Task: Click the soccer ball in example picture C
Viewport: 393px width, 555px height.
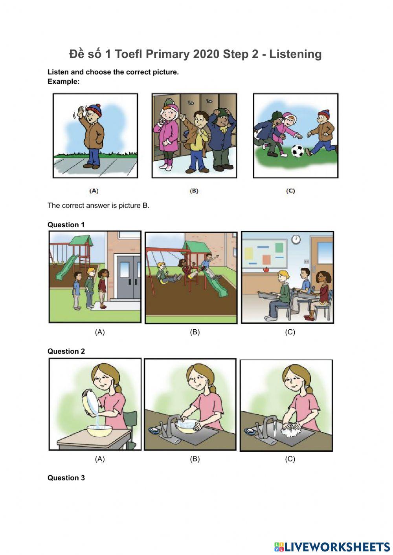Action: point(298,151)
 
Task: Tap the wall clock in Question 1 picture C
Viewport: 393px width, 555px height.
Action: point(296,239)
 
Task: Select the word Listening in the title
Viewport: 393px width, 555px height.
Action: point(295,54)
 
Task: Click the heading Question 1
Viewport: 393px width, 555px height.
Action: point(66,225)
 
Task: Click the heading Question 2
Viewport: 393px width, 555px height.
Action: point(66,351)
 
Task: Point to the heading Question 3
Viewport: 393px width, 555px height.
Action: point(66,478)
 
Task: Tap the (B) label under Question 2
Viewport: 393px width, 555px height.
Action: point(195,458)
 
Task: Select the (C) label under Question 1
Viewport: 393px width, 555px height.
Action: point(290,332)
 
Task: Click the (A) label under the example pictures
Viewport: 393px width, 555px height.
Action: point(94,191)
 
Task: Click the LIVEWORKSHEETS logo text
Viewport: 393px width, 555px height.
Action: point(336,546)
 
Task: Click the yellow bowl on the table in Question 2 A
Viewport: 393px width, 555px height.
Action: point(98,431)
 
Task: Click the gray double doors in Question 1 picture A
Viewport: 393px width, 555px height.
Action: point(128,275)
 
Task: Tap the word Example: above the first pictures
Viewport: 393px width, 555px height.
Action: point(63,82)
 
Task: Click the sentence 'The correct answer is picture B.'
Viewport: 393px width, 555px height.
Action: point(98,205)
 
